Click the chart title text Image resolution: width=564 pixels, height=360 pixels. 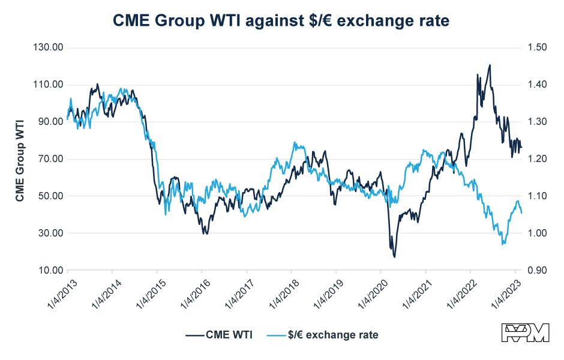click(281, 20)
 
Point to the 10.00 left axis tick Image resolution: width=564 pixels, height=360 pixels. click(52, 271)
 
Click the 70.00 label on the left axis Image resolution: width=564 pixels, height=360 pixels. click(52, 159)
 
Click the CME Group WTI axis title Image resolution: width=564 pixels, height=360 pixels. click(20, 159)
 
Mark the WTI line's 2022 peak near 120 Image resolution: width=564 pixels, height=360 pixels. click(490, 65)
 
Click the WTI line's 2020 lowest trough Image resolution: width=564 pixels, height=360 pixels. click(394, 257)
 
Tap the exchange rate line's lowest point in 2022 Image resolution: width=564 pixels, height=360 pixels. click(502, 244)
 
